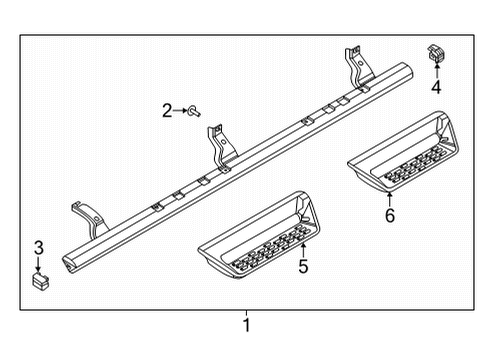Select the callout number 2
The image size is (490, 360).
pyautogui.click(x=167, y=111)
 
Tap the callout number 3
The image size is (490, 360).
pyautogui.click(x=39, y=248)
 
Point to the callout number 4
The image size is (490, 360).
pyautogui.click(x=436, y=87)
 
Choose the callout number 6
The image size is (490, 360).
pyautogui.click(x=390, y=215)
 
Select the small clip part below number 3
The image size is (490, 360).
pyautogui.click(x=41, y=281)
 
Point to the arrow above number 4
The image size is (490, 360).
pyautogui.click(x=437, y=71)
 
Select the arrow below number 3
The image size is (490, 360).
pyautogui.click(x=40, y=264)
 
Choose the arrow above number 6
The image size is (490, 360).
pyautogui.click(x=390, y=198)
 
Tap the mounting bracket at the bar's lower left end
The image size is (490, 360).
pyautogui.click(x=85, y=217)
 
